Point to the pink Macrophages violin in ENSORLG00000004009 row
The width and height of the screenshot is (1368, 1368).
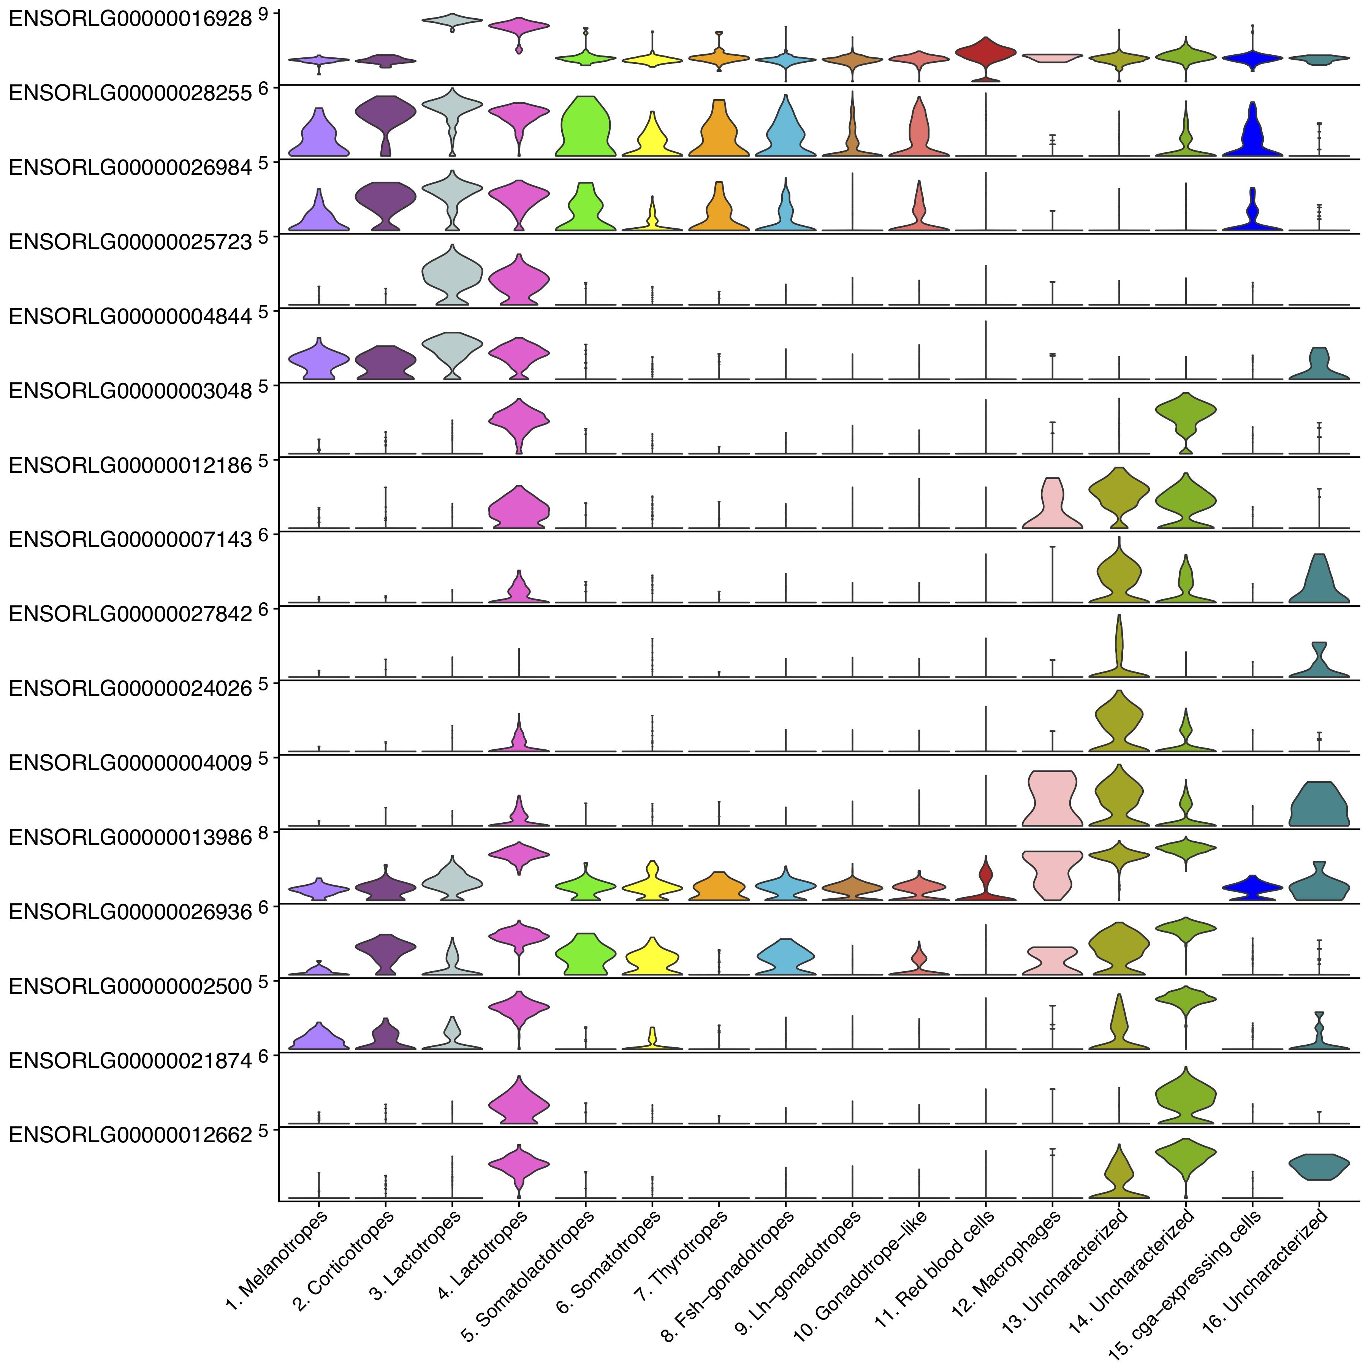click(x=1052, y=798)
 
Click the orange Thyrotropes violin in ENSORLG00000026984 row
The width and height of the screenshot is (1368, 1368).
click(x=719, y=209)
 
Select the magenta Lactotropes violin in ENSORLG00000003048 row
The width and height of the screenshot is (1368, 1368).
click(x=519, y=421)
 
